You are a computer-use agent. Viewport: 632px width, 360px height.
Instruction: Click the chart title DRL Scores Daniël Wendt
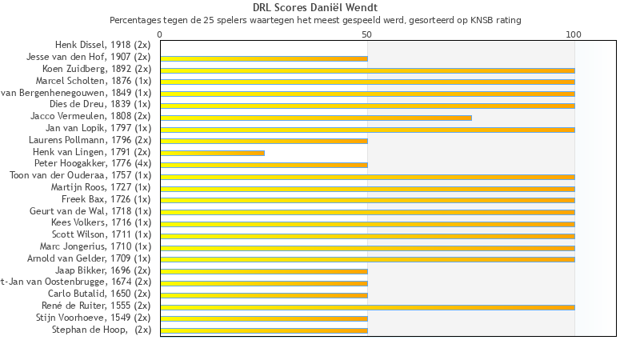pos(315,8)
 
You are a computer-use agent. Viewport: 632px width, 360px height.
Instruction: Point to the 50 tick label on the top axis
pos(367,35)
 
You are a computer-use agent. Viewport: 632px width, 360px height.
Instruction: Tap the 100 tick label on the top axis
pos(574,35)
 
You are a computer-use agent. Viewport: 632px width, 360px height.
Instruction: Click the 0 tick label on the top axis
pos(160,35)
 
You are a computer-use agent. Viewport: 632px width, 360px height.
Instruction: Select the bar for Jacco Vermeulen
pos(316,117)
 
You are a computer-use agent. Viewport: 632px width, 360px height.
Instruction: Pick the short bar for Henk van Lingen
pos(212,152)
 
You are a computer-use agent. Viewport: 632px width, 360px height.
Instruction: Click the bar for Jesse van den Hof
pos(264,58)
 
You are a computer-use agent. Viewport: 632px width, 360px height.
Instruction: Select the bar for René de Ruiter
pos(367,306)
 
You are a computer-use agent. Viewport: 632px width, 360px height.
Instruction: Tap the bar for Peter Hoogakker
pos(264,164)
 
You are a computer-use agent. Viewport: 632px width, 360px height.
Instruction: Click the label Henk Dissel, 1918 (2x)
pos(102,45)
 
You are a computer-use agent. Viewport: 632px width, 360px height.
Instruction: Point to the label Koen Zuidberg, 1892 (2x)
pos(96,69)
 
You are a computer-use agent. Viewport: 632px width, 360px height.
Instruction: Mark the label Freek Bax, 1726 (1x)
pos(106,199)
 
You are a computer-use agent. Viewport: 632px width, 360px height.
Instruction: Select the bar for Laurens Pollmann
pos(264,141)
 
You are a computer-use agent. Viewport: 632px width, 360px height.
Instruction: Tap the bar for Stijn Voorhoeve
pos(264,318)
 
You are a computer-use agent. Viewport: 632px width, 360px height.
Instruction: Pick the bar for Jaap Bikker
pos(264,271)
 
